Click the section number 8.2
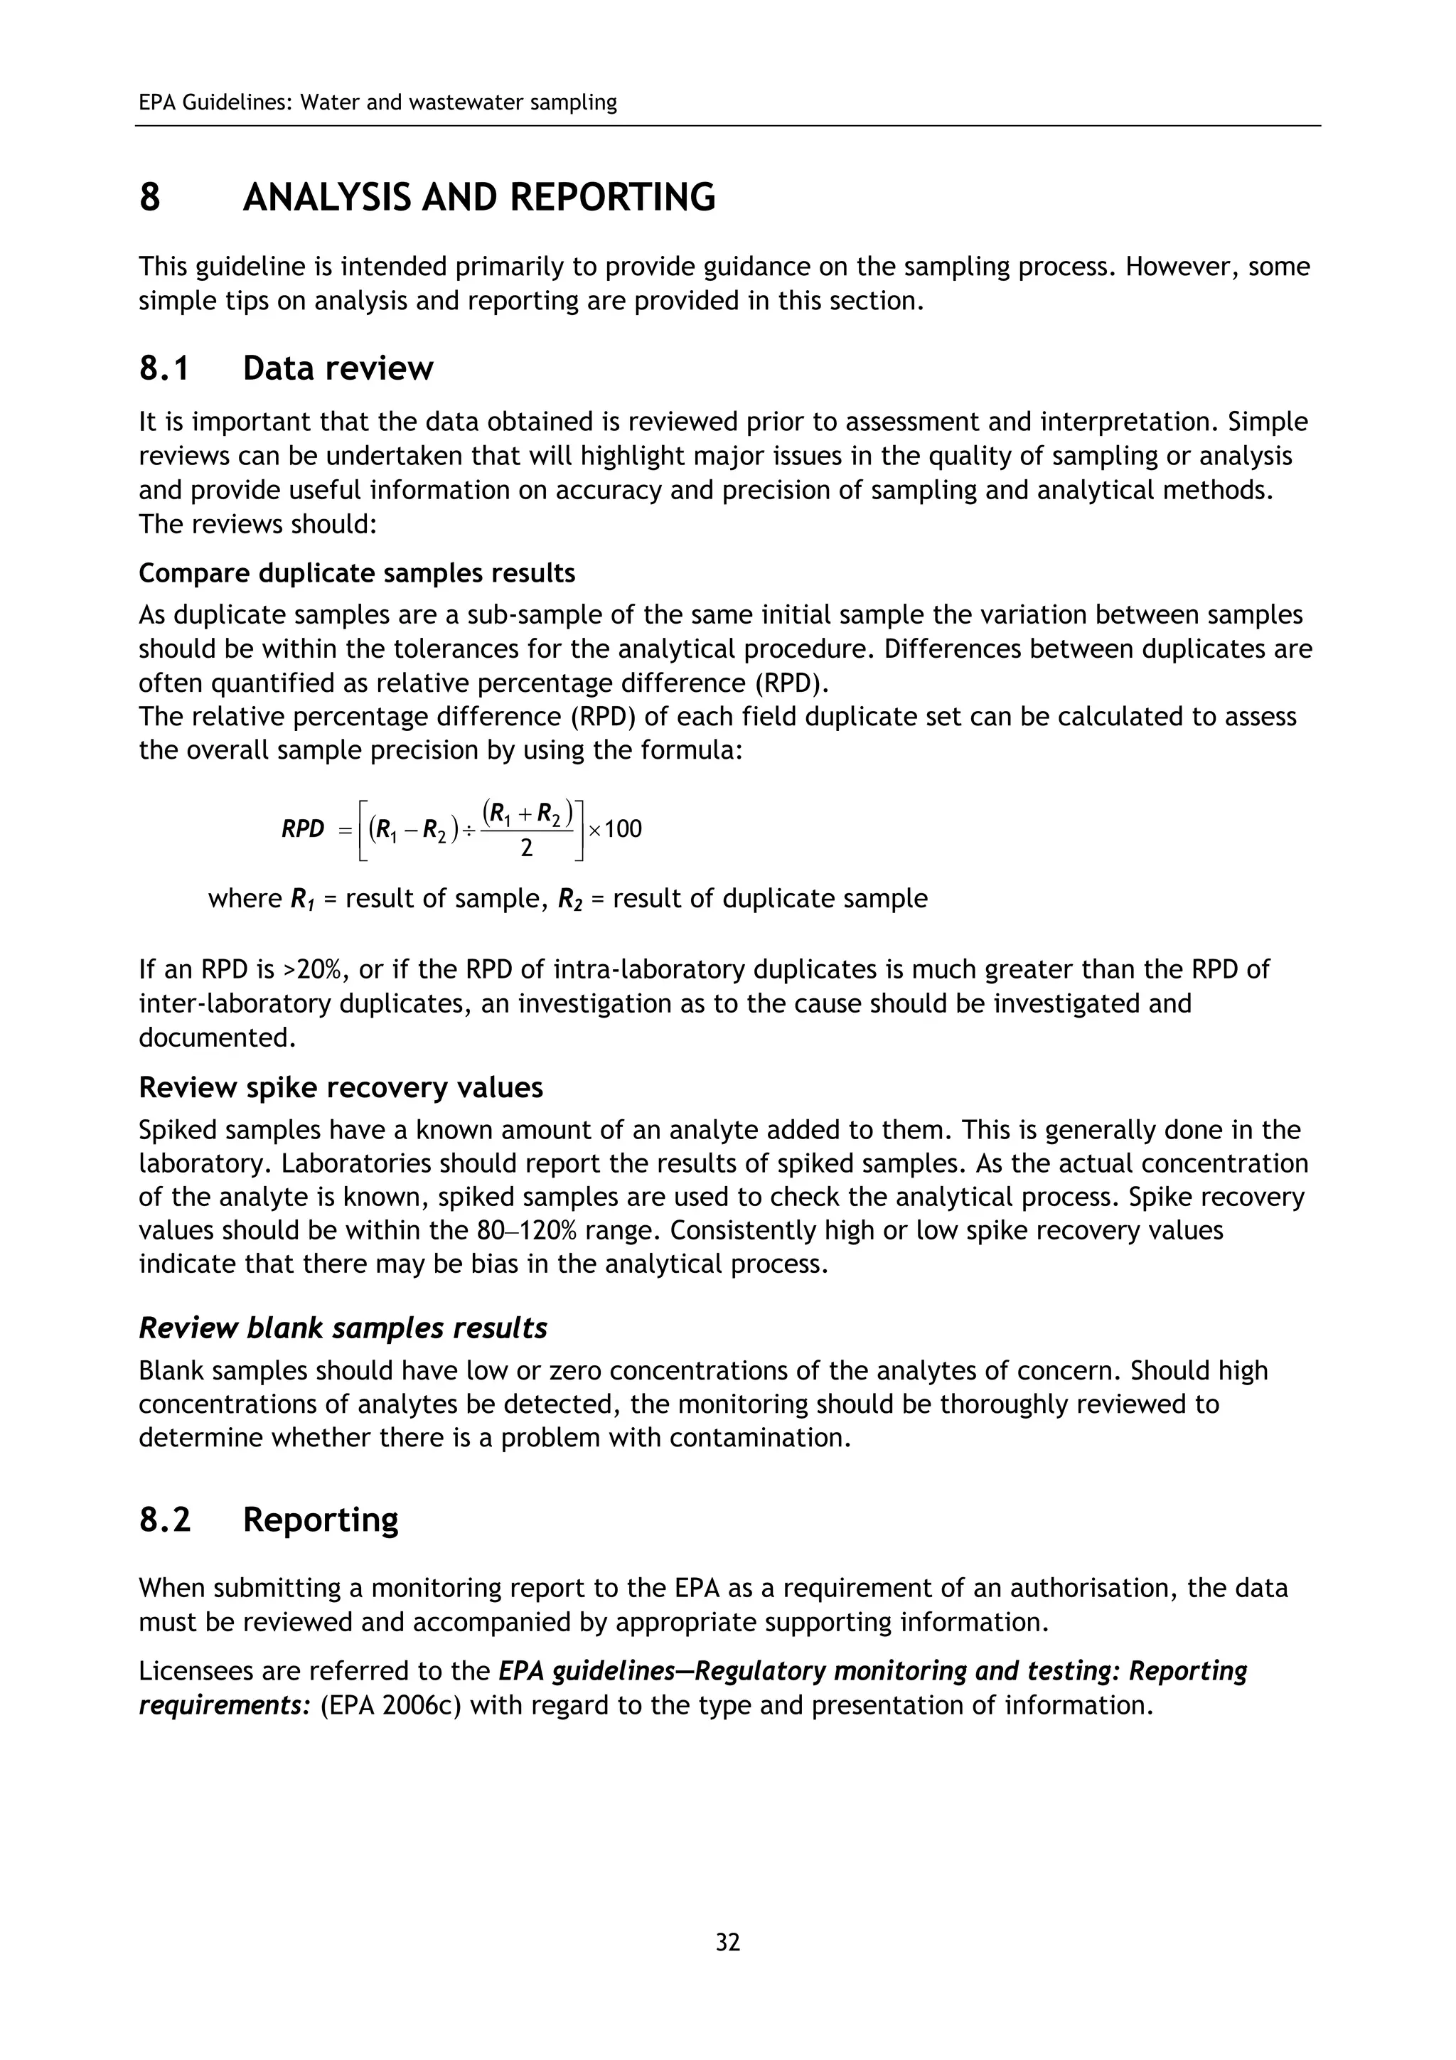[164, 1519]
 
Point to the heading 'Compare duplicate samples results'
[356, 572]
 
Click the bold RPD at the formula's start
[302, 828]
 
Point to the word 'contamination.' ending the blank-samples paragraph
[760, 1437]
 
